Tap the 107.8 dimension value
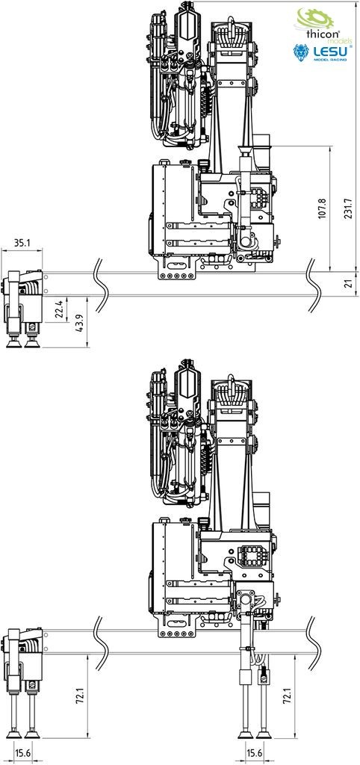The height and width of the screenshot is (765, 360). tap(321, 208)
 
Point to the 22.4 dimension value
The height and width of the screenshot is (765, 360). tap(58, 309)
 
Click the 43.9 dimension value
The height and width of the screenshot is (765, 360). tap(79, 323)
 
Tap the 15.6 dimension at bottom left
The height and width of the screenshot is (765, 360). tap(22, 753)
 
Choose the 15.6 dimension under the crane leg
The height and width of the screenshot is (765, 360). tap(255, 753)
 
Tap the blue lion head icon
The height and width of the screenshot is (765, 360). tap(301, 52)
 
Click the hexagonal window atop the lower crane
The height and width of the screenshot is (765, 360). tap(187, 384)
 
